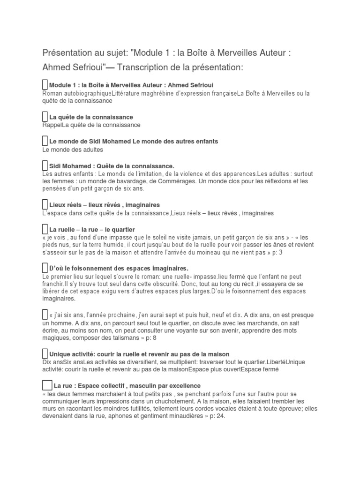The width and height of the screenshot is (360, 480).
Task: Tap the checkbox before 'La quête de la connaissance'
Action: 45,117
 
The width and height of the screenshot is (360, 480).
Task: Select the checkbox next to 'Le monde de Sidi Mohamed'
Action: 45,141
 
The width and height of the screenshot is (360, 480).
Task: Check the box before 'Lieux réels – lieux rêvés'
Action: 45,205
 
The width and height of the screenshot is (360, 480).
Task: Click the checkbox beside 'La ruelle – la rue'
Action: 45,229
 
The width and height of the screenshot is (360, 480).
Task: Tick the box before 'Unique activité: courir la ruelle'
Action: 45,353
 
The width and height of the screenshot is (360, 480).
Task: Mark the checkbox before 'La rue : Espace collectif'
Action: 47,385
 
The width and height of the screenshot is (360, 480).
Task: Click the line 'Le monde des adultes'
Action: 72,150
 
